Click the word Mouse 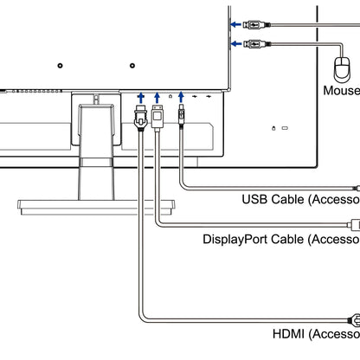(341, 90)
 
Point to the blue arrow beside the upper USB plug (235, 24)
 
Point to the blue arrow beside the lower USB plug (235, 43)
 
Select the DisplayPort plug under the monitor (157, 114)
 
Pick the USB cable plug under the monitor (181, 114)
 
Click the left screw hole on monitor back (59, 64)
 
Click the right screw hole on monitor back (132, 64)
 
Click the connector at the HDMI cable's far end (353, 318)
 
